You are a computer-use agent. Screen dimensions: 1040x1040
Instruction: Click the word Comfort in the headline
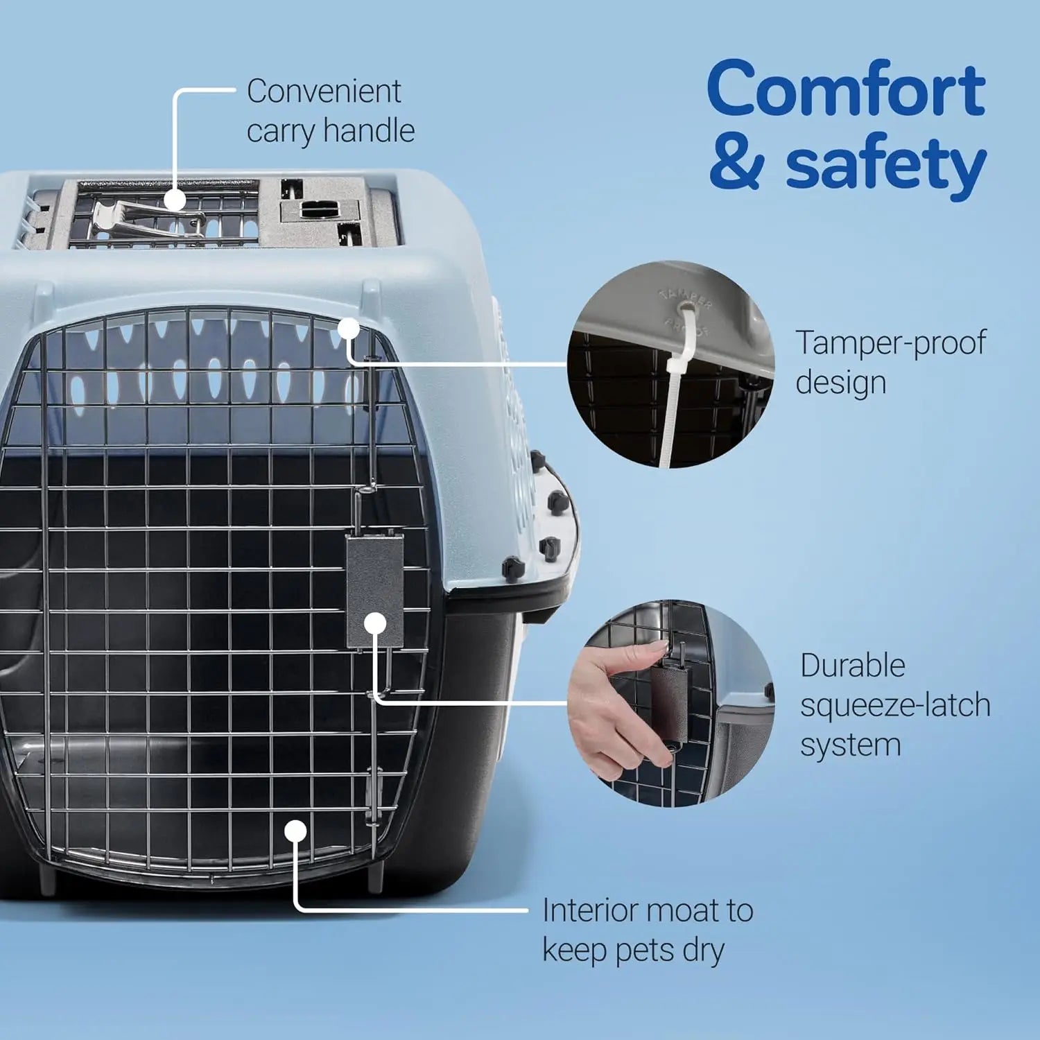[846, 90]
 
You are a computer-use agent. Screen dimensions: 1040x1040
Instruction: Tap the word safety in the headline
[885, 165]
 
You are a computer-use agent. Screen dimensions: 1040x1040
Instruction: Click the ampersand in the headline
[736, 164]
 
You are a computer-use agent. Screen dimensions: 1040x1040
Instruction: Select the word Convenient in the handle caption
[324, 92]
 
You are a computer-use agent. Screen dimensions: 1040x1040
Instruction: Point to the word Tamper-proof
[890, 343]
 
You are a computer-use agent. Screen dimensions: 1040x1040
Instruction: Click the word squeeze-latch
[895, 706]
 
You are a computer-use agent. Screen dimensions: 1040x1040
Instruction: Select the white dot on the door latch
[375, 623]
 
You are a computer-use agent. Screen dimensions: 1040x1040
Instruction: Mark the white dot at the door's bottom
[296, 831]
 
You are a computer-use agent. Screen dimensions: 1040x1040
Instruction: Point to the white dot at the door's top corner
[349, 329]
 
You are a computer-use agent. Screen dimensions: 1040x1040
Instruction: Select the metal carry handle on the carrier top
[139, 216]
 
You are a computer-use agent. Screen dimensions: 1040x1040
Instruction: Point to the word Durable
[853, 666]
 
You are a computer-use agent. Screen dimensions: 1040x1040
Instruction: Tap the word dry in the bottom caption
[703, 951]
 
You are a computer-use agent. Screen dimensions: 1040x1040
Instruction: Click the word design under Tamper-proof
[840, 383]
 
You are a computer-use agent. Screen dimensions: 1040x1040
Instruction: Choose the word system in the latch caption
[851, 746]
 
